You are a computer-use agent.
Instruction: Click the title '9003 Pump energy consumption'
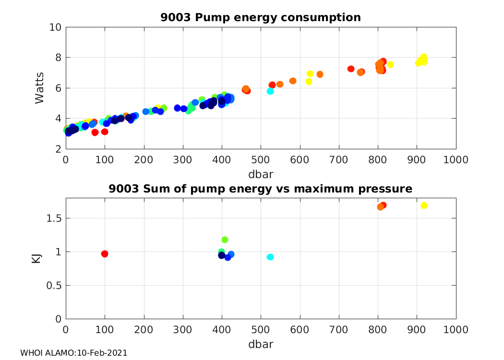tap(261, 18)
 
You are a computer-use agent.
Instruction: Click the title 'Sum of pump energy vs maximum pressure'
tap(261, 189)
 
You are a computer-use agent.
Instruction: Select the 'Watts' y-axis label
tap(40, 88)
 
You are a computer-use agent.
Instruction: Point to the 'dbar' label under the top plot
tap(261, 173)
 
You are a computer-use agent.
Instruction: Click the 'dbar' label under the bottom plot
tap(261, 344)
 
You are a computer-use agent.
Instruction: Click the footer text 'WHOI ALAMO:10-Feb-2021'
tap(73, 353)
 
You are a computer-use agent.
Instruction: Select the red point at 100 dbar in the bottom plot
tap(105, 253)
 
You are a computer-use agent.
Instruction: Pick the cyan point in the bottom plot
tap(270, 257)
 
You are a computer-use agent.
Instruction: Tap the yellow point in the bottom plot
tap(424, 205)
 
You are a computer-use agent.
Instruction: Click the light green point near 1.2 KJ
tap(225, 240)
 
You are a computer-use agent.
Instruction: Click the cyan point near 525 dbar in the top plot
tap(270, 91)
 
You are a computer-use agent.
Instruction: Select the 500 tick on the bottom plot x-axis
tap(261, 330)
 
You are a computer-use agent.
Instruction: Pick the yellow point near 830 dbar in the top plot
tap(390, 64)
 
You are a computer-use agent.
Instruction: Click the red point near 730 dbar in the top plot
tap(351, 69)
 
